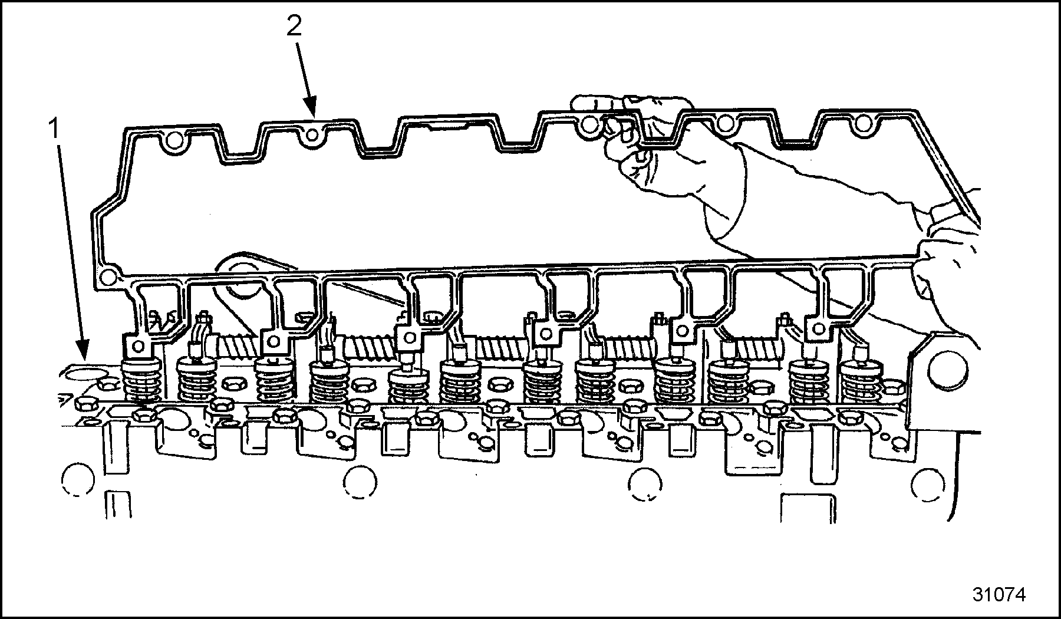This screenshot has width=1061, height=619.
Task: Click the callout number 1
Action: (55, 129)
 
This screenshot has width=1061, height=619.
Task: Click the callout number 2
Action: (294, 27)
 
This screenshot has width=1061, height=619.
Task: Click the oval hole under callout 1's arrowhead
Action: (82, 374)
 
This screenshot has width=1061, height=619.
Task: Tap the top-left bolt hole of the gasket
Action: (172, 141)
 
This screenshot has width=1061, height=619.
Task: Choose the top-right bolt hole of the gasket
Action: (863, 123)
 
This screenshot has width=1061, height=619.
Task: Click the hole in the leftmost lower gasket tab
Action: (138, 344)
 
